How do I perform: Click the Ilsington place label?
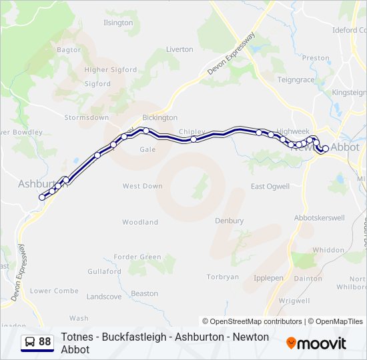pyautogui.click(x=118, y=23)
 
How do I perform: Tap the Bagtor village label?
pyautogui.click(x=69, y=49)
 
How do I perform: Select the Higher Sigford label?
pyautogui.click(x=110, y=69)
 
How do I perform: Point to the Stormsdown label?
pyautogui.click(x=86, y=117)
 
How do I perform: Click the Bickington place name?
pyautogui.click(x=159, y=117)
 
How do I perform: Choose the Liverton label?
pyautogui.click(x=179, y=49)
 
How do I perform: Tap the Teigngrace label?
pyautogui.click(x=296, y=79)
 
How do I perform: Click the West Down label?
pyautogui.click(x=142, y=186)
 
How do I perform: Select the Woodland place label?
pyautogui.click(x=140, y=222)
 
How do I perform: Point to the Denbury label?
pyautogui.click(x=229, y=220)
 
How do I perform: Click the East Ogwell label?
pyautogui.click(x=270, y=186)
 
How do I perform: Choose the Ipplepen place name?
pyautogui.click(x=270, y=277)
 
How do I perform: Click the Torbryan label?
pyautogui.click(x=223, y=277)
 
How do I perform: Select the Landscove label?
pyautogui.click(x=104, y=296)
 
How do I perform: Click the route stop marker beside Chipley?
pyautogui.click(x=194, y=139)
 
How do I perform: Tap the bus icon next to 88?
pyautogui.click(x=30, y=342)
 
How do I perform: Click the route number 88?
pyautogui.click(x=45, y=342)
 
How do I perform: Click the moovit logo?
pyautogui.click(x=316, y=343)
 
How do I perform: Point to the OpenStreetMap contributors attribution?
pyautogui.click(x=252, y=321)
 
